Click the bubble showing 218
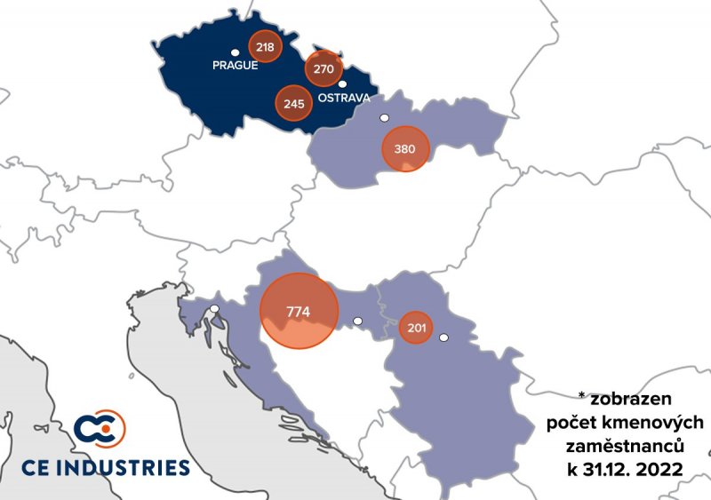[264, 47]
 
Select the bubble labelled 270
[324, 67]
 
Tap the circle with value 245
[294, 103]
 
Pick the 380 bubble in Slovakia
[404, 148]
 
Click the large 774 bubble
[299, 312]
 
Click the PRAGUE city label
[235, 65]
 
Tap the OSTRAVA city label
[343, 98]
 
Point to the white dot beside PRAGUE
[235, 52]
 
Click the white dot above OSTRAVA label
[341, 84]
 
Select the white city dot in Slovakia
[384, 117]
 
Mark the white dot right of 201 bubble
[443, 337]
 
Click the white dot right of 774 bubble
[358, 321]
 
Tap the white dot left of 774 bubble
[214, 309]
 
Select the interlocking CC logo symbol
[100, 429]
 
